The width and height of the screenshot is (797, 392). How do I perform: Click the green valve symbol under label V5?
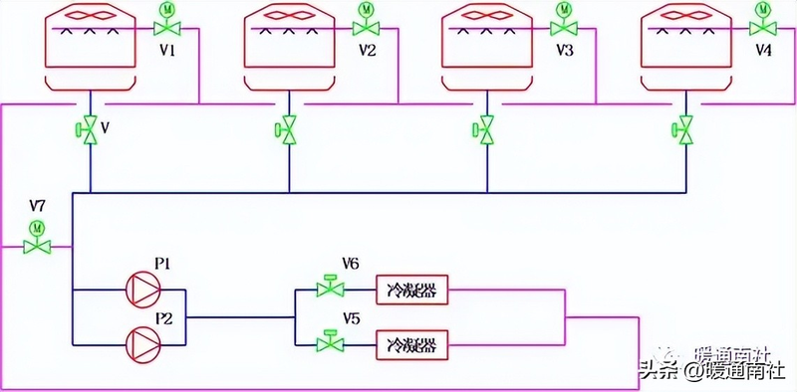pos(327,344)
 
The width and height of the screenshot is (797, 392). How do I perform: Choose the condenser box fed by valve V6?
pos(410,291)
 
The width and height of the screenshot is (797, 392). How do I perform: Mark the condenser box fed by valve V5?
pos(410,345)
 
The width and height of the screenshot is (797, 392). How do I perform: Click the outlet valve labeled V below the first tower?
pos(90,128)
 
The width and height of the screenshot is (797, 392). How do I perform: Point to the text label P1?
pos(163,264)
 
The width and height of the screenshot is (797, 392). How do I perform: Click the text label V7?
pos(38,206)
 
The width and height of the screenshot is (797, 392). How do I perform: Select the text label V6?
pos(350,264)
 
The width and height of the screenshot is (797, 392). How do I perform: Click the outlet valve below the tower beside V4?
pos(684,128)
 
